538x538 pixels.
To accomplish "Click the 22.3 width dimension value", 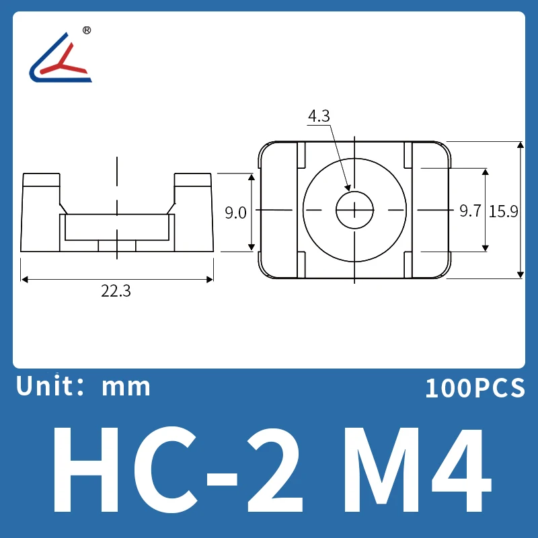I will pyautogui.click(x=116, y=291).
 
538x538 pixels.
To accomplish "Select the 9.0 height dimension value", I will pyautogui.click(x=235, y=213).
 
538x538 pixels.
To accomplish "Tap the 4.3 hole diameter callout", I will pyautogui.click(x=319, y=116).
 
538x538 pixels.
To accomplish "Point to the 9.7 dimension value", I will pyautogui.click(x=469, y=210).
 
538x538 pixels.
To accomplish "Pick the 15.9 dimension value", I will pyautogui.click(x=503, y=210).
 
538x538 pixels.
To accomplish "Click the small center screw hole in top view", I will pyautogui.click(x=354, y=210).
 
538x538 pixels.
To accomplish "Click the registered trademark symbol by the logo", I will pyautogui.click(x=86, y=30).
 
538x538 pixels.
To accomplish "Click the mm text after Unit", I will pyautogui.click(x=126, y=387).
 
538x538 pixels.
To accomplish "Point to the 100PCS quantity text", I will pyautogui.click(x=474, y=388).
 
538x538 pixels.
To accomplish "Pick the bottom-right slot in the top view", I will pyautogui.click(x=408, y=264).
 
